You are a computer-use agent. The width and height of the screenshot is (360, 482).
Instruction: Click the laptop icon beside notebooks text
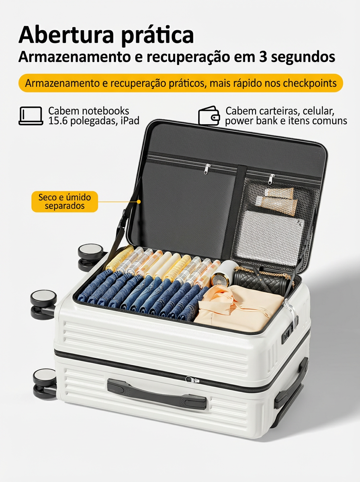point(31,116)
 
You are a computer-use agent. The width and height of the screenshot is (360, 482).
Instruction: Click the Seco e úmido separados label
point(65,202)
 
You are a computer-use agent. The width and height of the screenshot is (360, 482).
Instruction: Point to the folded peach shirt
point(239,308)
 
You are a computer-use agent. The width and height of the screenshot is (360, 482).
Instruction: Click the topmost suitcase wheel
point(90,257)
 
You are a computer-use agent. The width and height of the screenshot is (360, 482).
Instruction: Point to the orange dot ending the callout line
point(139,201)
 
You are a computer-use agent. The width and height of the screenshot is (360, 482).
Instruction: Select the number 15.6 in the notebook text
point(57,121)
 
